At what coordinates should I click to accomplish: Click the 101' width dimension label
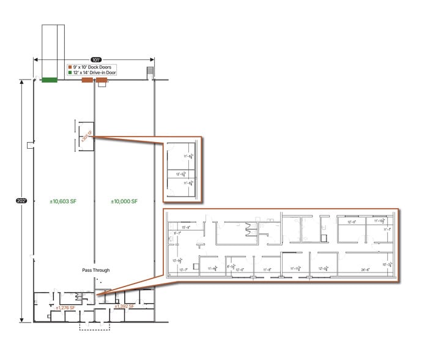point(94,60)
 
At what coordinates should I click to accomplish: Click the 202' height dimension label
point(21,200)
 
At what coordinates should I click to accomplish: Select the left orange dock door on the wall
point(87,80)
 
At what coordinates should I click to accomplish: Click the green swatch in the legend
point(69,72)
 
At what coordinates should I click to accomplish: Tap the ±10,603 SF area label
point(63,201)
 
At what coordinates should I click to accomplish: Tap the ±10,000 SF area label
point(124,201)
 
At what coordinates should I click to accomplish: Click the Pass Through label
point(95,270)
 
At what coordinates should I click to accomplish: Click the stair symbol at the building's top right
point(150,73)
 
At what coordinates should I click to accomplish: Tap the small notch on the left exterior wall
point(30,144)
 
